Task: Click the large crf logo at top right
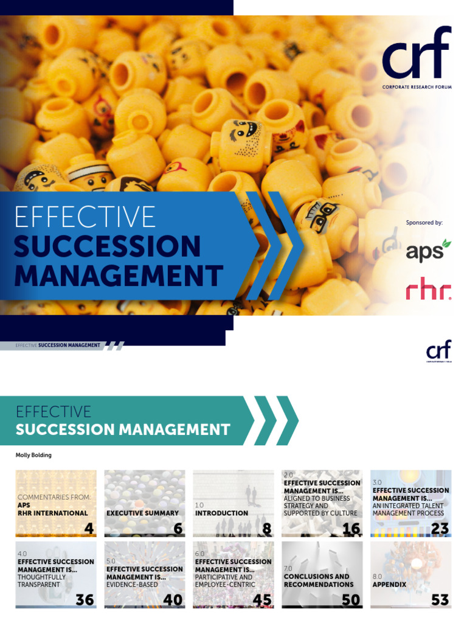tap(417, 57)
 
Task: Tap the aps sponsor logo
tap(428, 251)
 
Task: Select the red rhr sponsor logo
tap(428, 290)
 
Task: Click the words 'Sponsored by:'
tap(424, 223)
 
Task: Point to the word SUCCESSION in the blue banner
tap(107, 246)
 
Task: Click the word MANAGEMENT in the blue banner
tap(118, 276)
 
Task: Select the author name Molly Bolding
tap(33, 455)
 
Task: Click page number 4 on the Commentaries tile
tap(89, 529)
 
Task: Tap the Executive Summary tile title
tap(142, 513)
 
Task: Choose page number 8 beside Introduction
tap(266, 529)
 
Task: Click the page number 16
tap(351, 529)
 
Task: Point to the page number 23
tap(439, 529)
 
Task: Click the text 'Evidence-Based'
tap(131, 585)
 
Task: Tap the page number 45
tap(262, 600)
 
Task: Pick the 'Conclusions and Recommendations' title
tap(318, 580)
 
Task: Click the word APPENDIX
tap(389, 585)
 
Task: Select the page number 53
tap(439, 600)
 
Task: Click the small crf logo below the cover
tap(439, 352)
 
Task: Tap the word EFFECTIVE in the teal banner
tap(54, 412)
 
